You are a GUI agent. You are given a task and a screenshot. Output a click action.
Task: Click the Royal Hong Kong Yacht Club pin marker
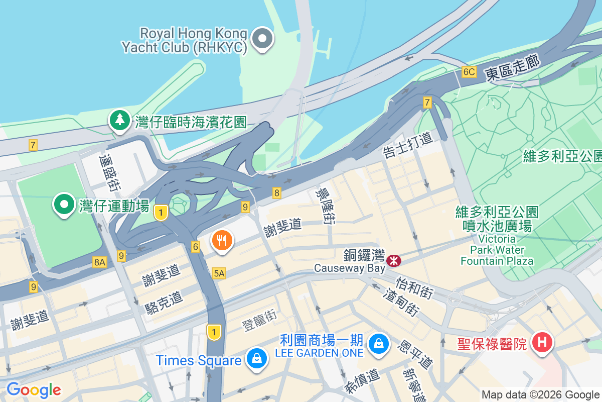(x=262, y=39)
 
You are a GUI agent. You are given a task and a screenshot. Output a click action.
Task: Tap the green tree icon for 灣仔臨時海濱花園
(x=119, y=121)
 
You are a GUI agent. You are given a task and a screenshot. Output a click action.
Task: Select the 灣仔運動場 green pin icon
(x=65, y=205)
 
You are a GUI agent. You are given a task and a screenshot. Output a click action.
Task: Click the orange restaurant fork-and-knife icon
(x=222, y=240)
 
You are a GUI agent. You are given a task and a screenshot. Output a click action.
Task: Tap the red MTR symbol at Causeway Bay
(x=394, y=260)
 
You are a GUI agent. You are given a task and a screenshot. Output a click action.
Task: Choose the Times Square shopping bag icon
(x=257, y=359)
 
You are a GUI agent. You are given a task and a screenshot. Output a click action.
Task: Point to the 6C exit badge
(x=469, y=72)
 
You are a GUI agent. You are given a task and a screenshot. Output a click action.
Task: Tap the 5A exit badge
(x=219, y=273)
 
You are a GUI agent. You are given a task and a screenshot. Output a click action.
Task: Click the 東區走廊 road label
(x=512, y=69)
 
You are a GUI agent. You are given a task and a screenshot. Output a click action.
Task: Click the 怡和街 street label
(x=414, y=287)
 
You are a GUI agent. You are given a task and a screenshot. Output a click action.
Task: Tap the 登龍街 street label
(x=259, y=321)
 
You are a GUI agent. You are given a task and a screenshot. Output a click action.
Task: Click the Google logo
(x=34, y=389)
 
